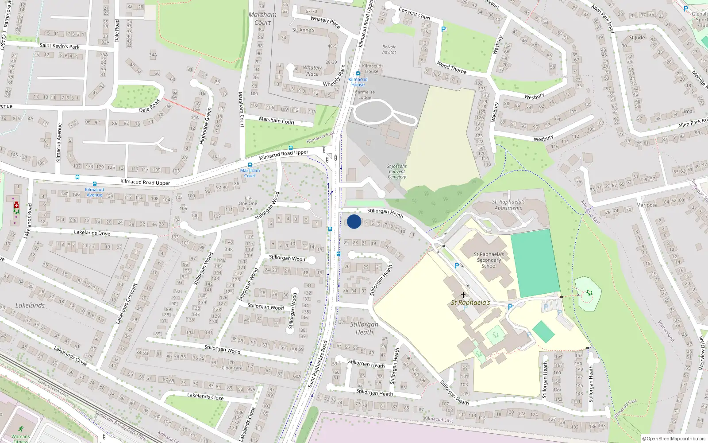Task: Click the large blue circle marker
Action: click(x=354, y=221)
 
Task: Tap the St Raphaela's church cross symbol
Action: click(x=463, y=295)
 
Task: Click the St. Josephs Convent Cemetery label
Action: click(x=397, y=171)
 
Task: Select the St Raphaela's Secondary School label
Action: click(x=489, y=260)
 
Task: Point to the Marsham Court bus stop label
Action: click(x=250, y=173)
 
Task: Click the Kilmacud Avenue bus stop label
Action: click(x=94, y=192)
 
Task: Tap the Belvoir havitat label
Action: click(x=389, y=49)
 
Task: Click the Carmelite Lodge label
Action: click(x=365, y=95)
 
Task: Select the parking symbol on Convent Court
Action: click(x=443, y=29)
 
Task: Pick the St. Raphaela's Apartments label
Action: click(x=508, y=205)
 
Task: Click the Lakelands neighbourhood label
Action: click(x=30, y=305)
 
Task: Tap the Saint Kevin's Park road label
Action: click(x=60, y=46)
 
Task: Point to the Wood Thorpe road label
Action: click(x=451, y=67)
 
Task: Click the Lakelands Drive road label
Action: click(x=92, y=233)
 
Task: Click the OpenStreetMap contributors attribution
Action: click(x=674, y=439)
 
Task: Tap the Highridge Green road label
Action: click(x=206, y=126)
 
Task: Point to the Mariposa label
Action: click(x=646, y=205)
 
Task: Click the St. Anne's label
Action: click(x=303, y=30)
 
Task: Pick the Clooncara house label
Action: click(x=232, y=368)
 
